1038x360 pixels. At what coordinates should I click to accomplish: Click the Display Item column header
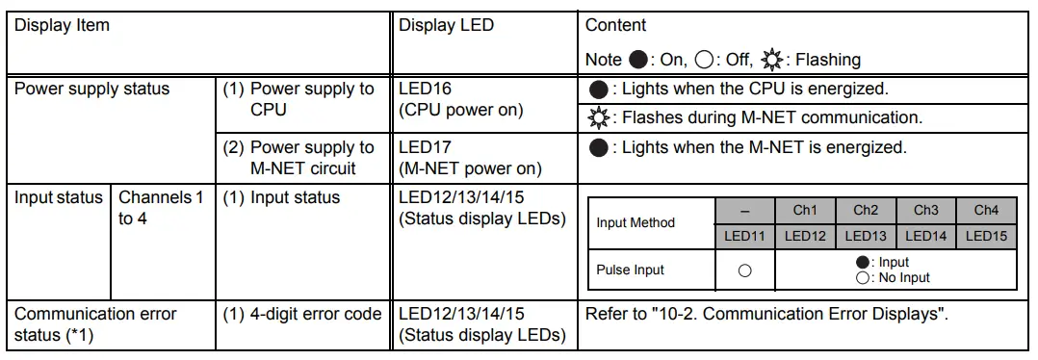coord(63,25)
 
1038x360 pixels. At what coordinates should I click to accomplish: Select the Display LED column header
coord(446,25)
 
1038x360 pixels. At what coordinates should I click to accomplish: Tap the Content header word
coord(616,25)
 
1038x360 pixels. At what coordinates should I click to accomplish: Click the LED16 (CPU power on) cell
coord(460,100)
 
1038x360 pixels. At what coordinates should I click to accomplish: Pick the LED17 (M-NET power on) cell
coord(470,158)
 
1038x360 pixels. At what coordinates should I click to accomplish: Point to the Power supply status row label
coord(92,90)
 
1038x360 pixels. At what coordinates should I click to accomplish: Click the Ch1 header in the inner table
coord(805,210)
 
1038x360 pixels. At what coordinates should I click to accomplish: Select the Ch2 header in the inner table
coord(866,210)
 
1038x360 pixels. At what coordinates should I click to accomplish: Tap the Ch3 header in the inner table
coord(926,210)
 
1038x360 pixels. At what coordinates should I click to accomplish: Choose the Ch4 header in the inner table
coord(986,210)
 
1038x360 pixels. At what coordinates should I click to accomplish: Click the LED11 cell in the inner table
coord(744,235)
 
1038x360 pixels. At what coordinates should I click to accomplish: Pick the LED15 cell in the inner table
coord(986,235)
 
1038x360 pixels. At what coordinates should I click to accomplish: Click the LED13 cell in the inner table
coord(866,235)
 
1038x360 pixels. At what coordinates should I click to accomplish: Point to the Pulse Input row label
coord(631,270)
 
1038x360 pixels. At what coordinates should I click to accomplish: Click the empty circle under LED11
coord(744,271)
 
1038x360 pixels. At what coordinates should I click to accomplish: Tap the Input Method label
coord(636,222)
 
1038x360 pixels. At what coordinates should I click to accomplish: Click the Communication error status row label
coord(95,324)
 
